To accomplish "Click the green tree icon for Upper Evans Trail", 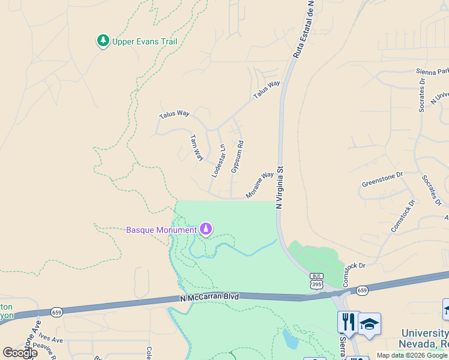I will click(x=103, y=41).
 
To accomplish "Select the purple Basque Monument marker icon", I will click(x=206, y=229).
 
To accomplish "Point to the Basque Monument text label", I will click(x=161, y=230).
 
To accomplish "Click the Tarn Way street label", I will click(x=196, y=147).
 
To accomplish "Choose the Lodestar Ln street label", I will click(x=218, y=160).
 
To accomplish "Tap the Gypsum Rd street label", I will click(x=237, y=157).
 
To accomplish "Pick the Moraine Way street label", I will click(x=259, y=185).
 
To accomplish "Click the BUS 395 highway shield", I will click(x=316, y=280).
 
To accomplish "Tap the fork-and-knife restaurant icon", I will click(x=348, y=322).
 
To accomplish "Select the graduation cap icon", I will click(x=369, y=324).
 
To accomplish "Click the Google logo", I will click(x=19, y=353).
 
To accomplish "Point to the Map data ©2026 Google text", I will click(x=412, y=355).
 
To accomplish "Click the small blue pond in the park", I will click(x=290, y=339).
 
